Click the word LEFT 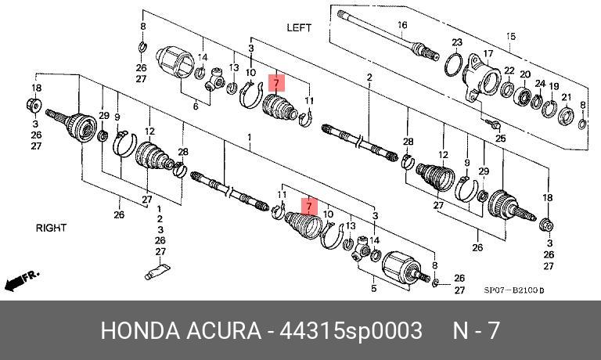point(299,27)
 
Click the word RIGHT point(51,228)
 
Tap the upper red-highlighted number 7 point(275,81)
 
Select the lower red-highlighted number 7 point(310,207)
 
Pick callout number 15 point(511,36)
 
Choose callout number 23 point(457,42)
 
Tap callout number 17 point(487,54)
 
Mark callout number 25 point(502,138)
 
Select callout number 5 point(373,289)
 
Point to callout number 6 point(195,106)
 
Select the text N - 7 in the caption point(476,330)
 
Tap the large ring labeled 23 point(453,63)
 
